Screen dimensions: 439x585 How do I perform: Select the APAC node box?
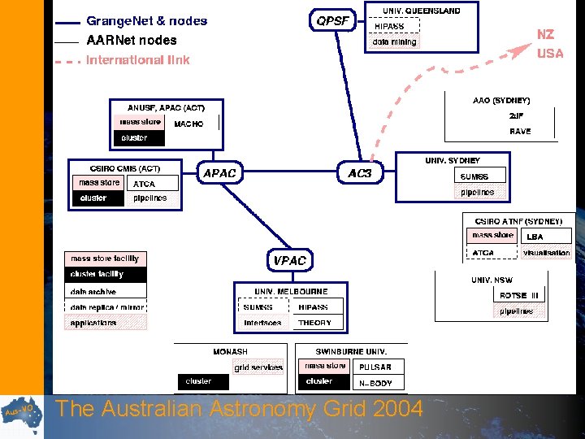pos(219,173)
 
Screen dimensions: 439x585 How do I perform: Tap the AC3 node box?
pos(359,173)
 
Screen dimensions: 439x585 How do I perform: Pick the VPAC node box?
pos(289,260)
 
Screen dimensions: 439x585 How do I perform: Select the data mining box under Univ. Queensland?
pos(395,41)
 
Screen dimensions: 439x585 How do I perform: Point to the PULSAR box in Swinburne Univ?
pos(375,367)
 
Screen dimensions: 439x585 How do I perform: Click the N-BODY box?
pos(375,381)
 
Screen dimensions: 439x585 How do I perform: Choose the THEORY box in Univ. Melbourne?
pos(315,323)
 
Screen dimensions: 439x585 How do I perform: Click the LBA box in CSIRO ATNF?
pos(535,237)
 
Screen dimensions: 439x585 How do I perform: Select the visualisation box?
pos(546,253)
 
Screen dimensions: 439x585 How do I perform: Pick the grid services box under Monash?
pos(258,367)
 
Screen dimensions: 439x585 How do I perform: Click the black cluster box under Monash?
pos(200,380)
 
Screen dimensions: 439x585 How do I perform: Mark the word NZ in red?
pos(546,35)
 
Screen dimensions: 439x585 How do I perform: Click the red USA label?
pos(549,54)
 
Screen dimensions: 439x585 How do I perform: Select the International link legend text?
pos(137,60)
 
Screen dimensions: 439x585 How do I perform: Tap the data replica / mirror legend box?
pos(106,307)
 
